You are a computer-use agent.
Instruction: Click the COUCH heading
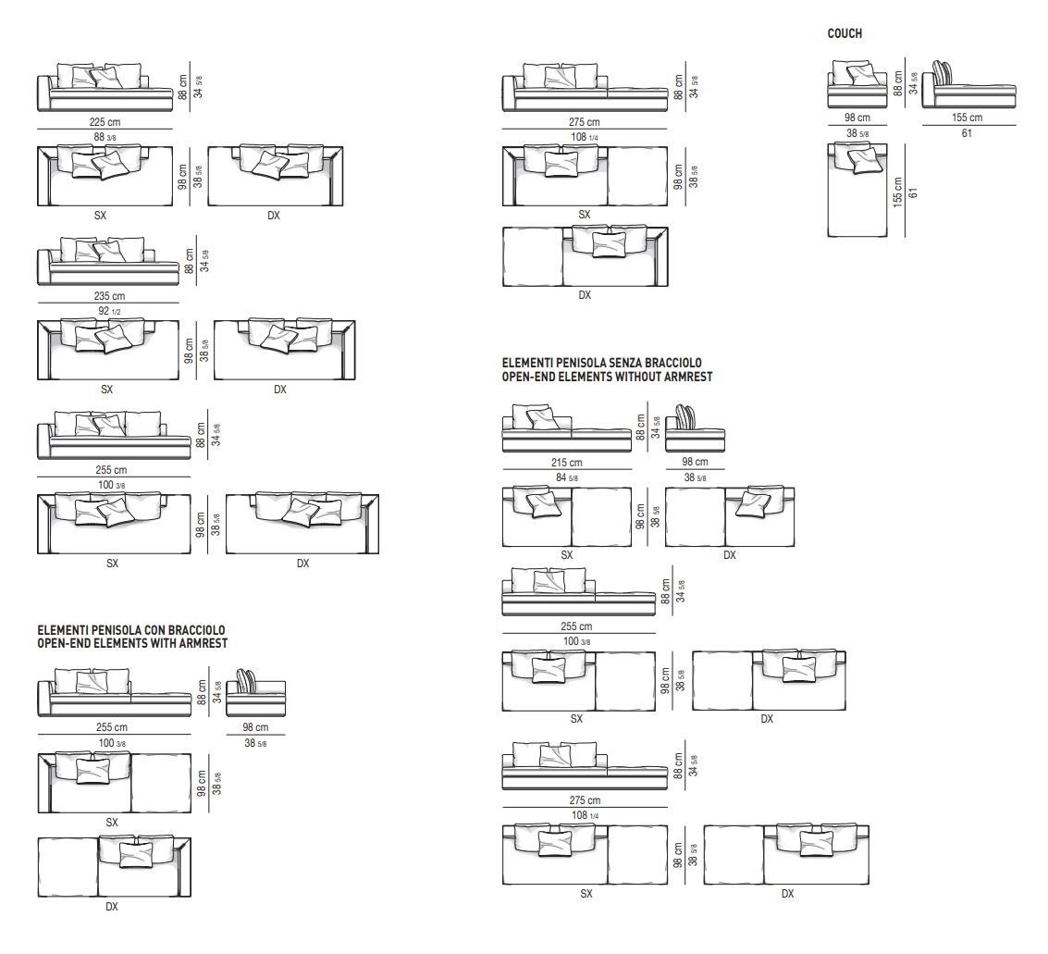pyautogui.click(x=844, y=34)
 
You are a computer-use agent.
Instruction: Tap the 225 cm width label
pyautogui.click(x=105, y=122)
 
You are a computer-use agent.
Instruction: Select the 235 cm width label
pyautogui.click(x=108, y=296)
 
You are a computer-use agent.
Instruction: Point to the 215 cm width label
pyautogui.click(x=566, y=463)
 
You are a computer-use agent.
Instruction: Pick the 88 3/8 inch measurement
pyautogui.click(x=105, y=137)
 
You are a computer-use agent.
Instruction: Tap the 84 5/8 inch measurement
pyautogui.click(x=566, y=477)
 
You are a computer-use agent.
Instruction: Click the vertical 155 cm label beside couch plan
pyautogui.click(x=897, y=192)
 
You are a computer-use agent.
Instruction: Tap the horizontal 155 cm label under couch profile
pyautogui.click(x=967, y=118)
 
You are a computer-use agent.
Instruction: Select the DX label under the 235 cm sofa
pyautogui.click(x=280, y=390)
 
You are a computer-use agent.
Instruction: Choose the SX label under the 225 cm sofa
pyautogui.click(x=100, y=216)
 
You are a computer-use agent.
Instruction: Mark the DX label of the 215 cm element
pyautogui.click(x=729, y=555)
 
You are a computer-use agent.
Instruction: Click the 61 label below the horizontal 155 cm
pyautogui.click(x=967, y=133)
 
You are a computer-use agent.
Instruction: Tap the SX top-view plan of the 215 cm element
pyautogui.click(x=566, y=516)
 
